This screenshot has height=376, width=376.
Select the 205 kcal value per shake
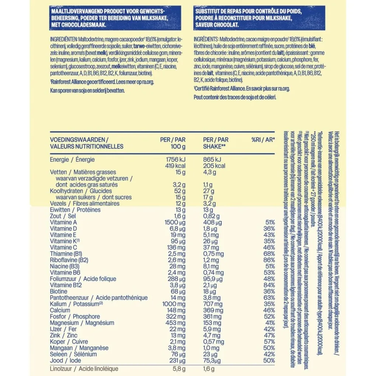pos(214,166)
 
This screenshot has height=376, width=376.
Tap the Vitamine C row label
pos(63,247)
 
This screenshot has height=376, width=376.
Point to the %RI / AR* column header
pos(263,140)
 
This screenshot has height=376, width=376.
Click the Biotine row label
pos(59,291)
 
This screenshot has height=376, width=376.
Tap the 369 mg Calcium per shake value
pos(213,310)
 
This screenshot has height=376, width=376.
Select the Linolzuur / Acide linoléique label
pos(84,369)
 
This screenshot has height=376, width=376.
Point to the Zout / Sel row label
pos(63,216)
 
